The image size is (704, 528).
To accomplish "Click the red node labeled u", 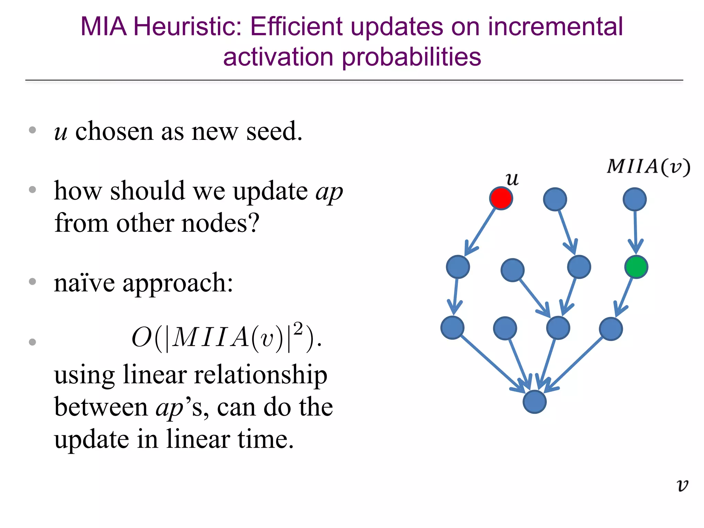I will (x=501, y=198).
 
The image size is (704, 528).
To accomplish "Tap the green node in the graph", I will (x=636, y=267).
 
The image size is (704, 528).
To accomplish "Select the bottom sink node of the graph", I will (x=535, y=401).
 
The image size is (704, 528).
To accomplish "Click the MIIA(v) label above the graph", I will (x=648, y=167).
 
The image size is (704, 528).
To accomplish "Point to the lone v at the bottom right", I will (x=682, y=485).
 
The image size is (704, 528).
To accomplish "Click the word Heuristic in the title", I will (x=187, y=27).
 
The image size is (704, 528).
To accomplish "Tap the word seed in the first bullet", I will (x=274, y=131).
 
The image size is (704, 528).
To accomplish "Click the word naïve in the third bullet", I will (x=84, y=283).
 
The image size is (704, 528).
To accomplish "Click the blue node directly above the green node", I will (x=635, y=199).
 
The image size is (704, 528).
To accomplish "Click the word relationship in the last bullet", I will (x=260, y=375).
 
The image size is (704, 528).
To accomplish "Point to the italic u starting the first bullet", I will (x=60, y=132).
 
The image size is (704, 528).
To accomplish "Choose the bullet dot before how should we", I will (x=33, y=190).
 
